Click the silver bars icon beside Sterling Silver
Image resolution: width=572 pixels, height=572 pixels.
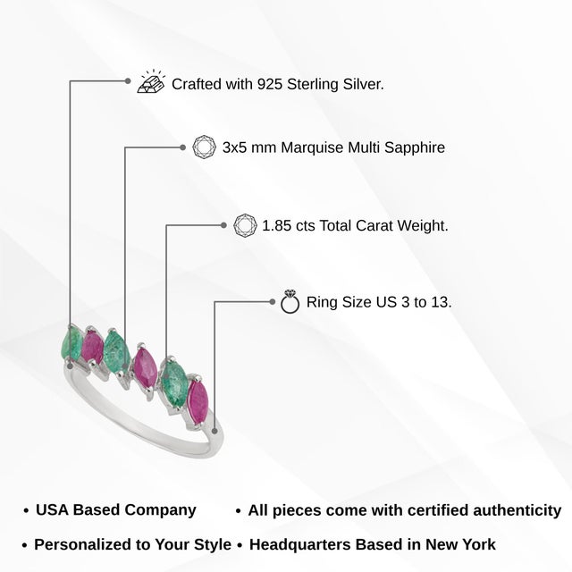click(150, 81)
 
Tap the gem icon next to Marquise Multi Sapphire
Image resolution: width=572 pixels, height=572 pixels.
click(204, 147)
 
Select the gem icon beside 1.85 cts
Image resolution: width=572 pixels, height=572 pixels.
click(245, 225)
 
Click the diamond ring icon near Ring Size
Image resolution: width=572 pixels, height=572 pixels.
click(290, 302)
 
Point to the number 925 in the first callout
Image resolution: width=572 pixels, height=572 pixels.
click(270, 84)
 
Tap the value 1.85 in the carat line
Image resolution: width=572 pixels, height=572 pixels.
click(277, 226)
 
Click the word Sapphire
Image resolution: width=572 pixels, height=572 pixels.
click(415, 148)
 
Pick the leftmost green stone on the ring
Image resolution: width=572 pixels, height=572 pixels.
click(71, 343)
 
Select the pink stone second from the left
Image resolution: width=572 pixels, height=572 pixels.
click(92, 347)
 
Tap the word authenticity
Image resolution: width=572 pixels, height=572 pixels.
click(517, 510)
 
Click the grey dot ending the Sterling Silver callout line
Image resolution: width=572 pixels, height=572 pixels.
click(127, 81)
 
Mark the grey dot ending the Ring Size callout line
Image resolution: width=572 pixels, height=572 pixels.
click(272, 302)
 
